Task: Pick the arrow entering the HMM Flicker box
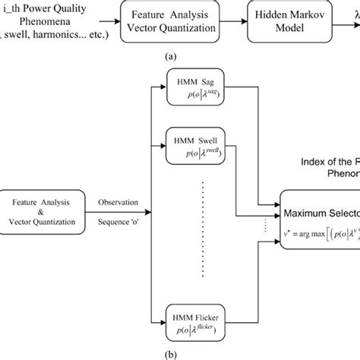pyautogui.click(x=161, y=316)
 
